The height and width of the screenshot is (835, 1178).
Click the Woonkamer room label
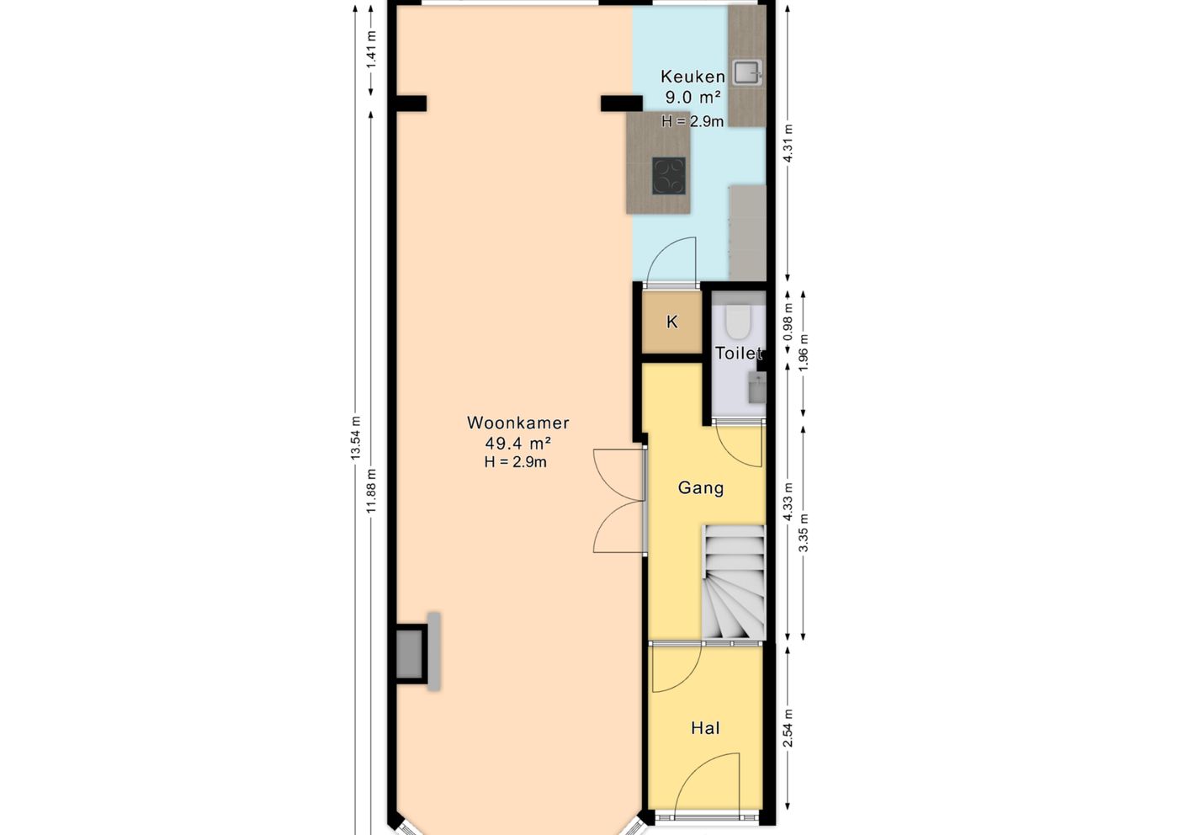coord(517,423)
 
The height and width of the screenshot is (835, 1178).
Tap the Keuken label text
coord(692,77)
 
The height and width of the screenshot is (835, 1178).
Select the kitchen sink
coord(747,72)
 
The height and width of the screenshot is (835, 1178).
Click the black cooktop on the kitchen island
coord(669,176)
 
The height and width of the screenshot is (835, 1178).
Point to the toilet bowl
coord(737,322)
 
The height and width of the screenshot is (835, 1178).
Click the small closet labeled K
coord(672,322)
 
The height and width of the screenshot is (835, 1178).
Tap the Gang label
coord(701,487)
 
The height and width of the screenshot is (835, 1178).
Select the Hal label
coord(705,728)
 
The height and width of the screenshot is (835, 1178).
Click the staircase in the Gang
coord(734,582)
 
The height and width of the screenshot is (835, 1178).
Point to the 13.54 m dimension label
coord(356,438)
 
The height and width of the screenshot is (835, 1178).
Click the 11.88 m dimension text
coord(372,491)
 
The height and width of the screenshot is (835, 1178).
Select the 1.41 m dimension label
coord(372,50)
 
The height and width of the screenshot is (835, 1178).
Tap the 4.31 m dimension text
coord(788,144)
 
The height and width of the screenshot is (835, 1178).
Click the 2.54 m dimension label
coord(788,727)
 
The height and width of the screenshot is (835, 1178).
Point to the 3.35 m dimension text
coord(804,533)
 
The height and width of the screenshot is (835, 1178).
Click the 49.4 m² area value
coord(517,444)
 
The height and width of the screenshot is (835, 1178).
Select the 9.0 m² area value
coord(692,98)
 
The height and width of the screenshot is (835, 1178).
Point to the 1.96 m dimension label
coord(804,353)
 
